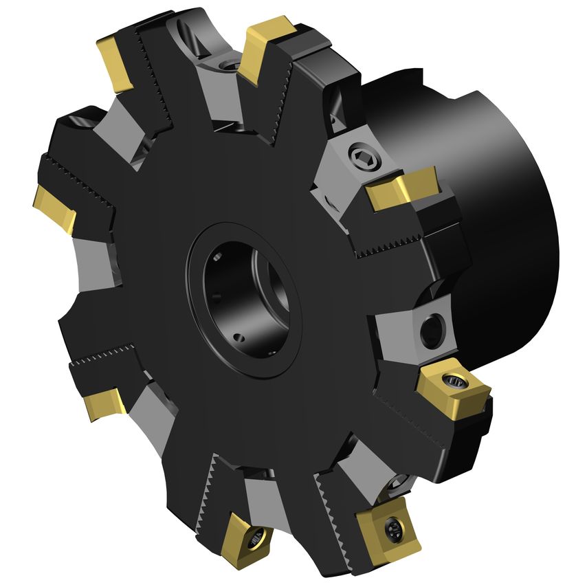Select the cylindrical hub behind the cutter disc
coord(509,206)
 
